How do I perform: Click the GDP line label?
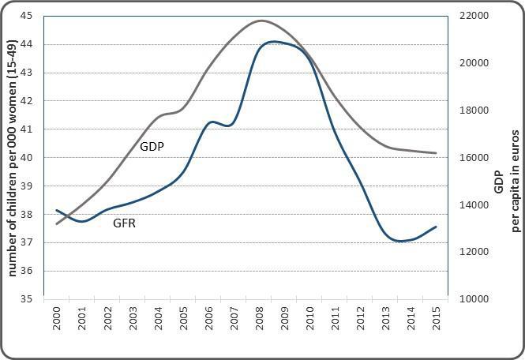click(x=152, y=146)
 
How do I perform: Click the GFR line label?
click(x=124, y=223)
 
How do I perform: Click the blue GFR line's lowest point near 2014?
click(x=401, y=241)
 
